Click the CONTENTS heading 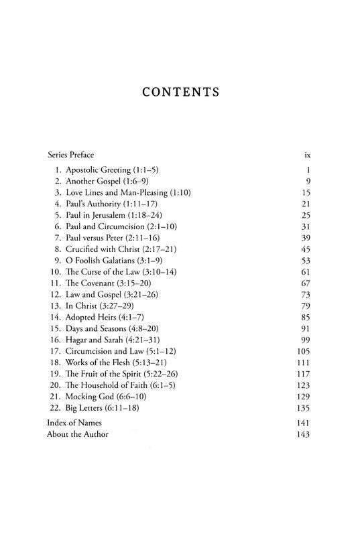click(x=180, y=92)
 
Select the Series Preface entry click(x=70, y=154)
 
